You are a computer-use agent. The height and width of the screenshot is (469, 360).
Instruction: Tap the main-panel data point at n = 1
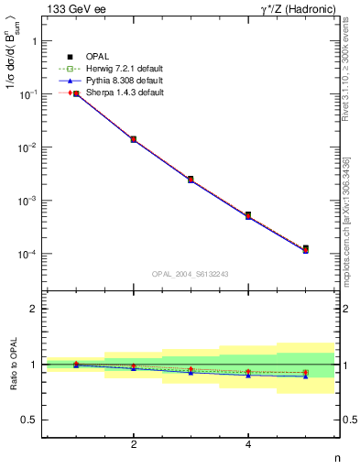[76, 93]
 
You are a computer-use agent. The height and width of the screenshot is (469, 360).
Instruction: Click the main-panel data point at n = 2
[134, 139]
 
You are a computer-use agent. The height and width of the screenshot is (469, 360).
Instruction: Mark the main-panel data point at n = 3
[191, 180]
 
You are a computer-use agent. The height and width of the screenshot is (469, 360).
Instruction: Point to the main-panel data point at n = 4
[248, 215]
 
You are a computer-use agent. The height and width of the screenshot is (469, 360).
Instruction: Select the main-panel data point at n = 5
[305, 248]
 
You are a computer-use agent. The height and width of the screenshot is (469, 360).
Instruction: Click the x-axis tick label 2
[134, 444]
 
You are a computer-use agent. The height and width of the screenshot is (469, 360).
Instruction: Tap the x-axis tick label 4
[248, 444]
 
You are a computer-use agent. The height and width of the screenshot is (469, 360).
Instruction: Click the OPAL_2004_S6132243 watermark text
[190, 273]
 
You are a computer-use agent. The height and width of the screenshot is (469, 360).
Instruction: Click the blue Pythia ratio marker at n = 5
[305, 376]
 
